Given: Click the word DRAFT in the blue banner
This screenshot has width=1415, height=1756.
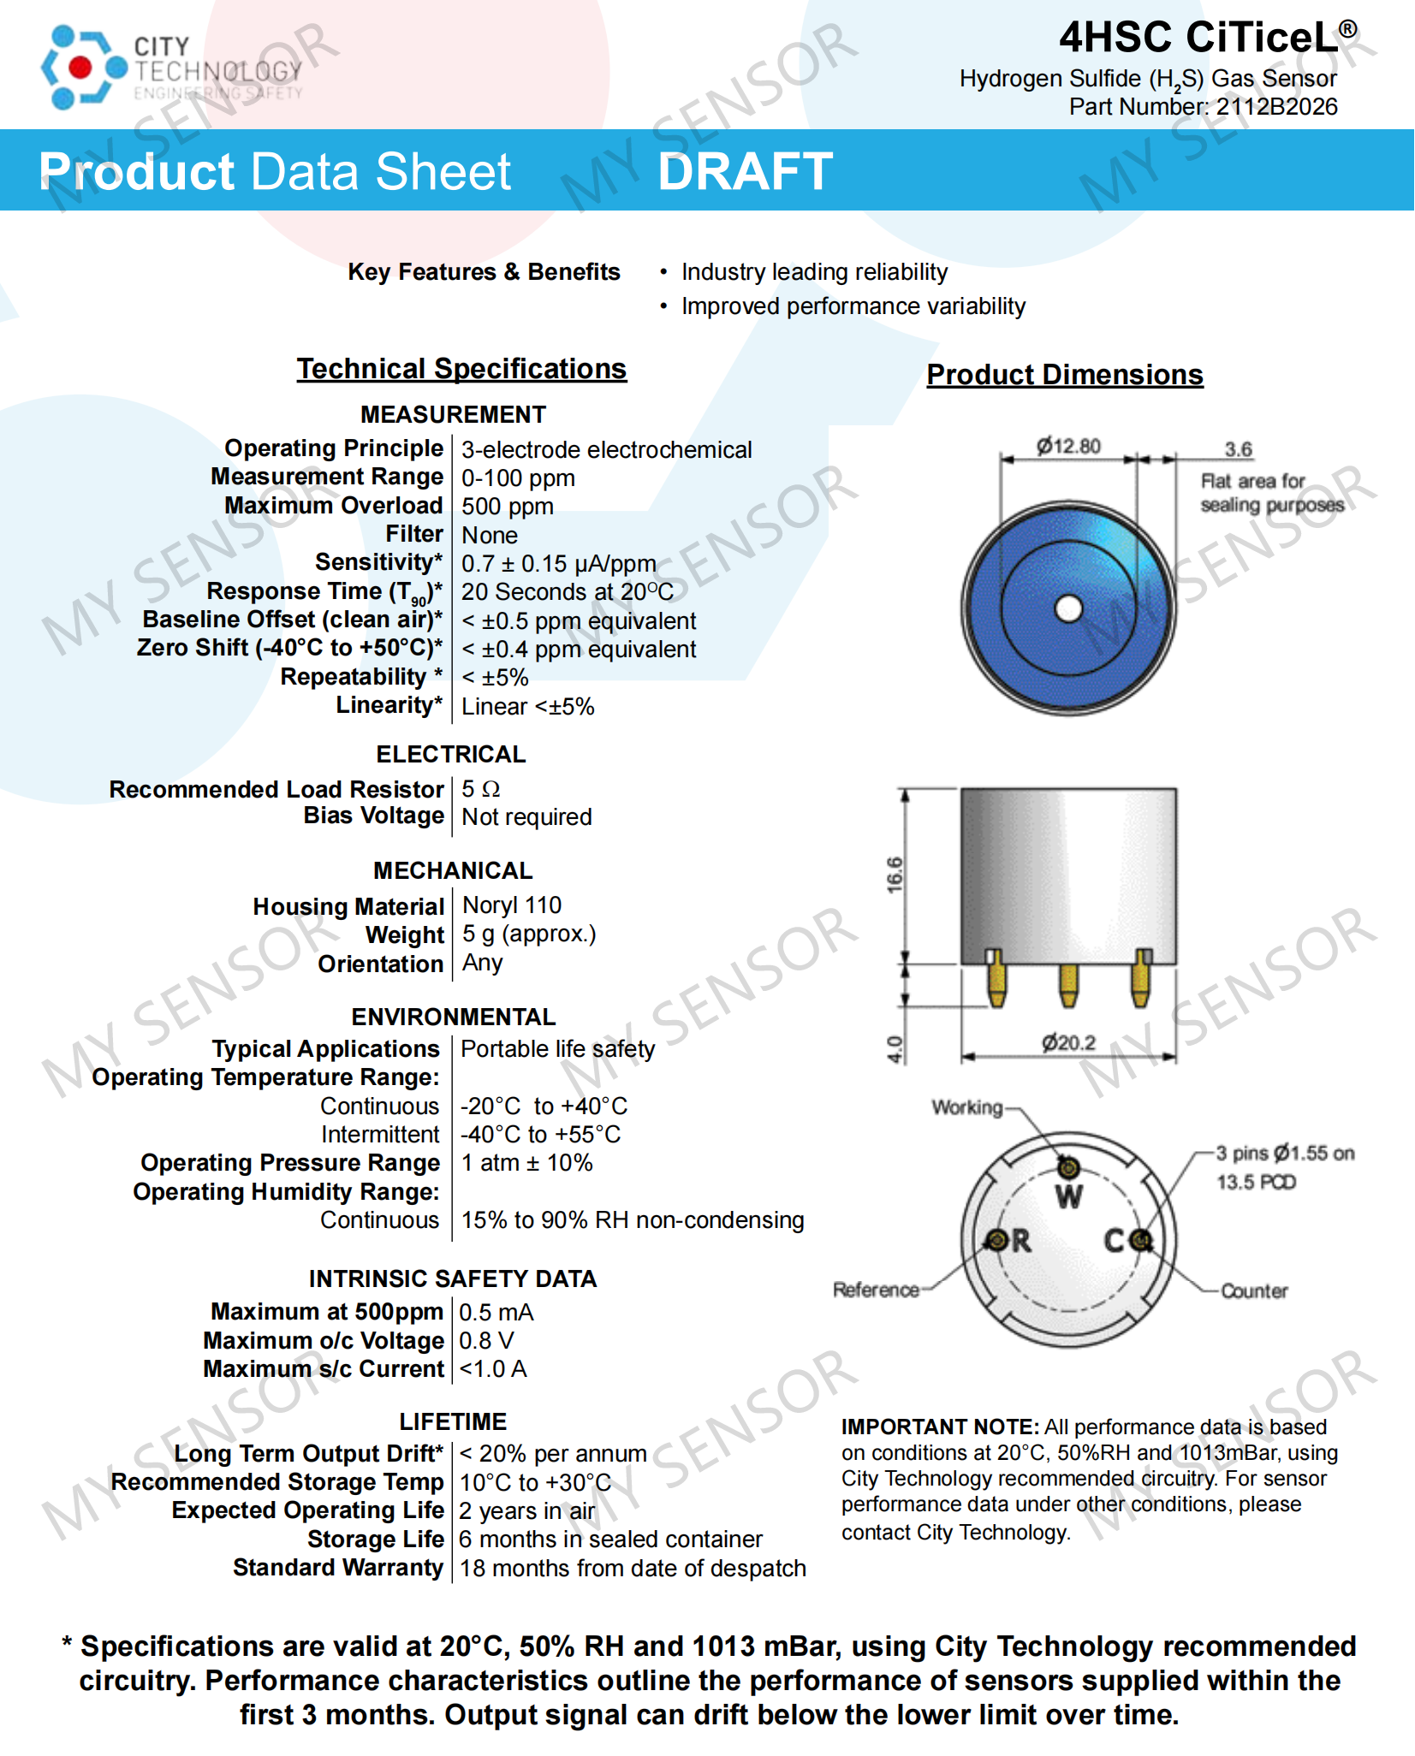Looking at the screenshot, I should (x=745, y=171).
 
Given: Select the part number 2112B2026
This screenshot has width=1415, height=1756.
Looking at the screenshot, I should (x=1276, y=107).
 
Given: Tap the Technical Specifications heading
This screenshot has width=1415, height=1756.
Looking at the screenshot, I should (x=461, y=369).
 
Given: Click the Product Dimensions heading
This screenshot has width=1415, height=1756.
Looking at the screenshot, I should (x=1064, y=375).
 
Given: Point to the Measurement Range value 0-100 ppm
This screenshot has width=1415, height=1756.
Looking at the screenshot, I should (x=518, y=478).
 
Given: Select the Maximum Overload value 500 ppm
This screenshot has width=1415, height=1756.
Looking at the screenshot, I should (x=508, y=507).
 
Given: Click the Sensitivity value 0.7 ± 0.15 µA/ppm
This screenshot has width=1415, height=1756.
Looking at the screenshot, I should (x=558, y=564).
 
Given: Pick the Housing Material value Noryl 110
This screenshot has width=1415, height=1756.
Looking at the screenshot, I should (x=512, y=905).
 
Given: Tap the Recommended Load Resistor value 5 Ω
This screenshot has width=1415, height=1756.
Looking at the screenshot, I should (x=480, y=789).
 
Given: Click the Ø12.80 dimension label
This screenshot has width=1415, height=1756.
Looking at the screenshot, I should (x=1068, y=447).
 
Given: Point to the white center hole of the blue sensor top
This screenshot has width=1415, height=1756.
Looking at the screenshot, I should (x=1068, y=609).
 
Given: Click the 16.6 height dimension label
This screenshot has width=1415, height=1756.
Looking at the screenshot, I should (x=895, y=875).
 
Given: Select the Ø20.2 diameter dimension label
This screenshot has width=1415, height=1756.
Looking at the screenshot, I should (x=1068, y=1043).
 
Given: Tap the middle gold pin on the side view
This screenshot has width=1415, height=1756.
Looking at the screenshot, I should (x=1068, y=986).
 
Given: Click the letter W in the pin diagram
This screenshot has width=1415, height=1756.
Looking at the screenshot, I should (x=1069, y=1197).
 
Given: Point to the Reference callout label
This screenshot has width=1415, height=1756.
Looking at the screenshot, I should (x=876, y=1290).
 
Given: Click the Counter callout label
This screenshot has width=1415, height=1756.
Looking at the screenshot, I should (x=1254, y=1291).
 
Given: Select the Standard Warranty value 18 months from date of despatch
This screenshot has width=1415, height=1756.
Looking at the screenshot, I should (x=633, y=1569).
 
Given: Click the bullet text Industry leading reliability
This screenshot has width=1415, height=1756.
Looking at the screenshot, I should (x=814, y=272).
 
